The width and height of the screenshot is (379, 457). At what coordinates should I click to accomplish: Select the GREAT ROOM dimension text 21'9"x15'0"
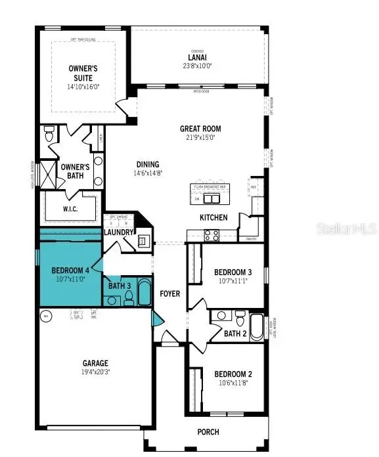click(x=200, y=137)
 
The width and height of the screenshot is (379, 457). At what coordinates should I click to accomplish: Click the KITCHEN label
click(x=213, y=217)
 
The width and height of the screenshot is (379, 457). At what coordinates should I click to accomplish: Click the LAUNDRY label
click(x=119, y=232)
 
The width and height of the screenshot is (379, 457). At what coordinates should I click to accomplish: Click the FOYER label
click(x=170, y=294)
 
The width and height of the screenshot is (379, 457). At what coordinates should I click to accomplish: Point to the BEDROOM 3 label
click(x=233, y=272)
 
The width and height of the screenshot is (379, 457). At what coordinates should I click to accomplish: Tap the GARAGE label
click(x=95, y=363)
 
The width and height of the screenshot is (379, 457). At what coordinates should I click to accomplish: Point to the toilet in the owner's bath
click(x=49, y=135)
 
